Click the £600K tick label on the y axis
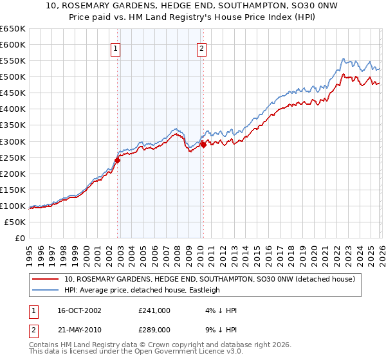tap(13, 44)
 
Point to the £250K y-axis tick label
tap(13, 157)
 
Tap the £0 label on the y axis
tap(19, 238)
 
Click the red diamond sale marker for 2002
tap(118, 160)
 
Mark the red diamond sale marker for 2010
tap(203, 145)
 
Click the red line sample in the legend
tap(46, 279)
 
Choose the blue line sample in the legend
tap(46, 290)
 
